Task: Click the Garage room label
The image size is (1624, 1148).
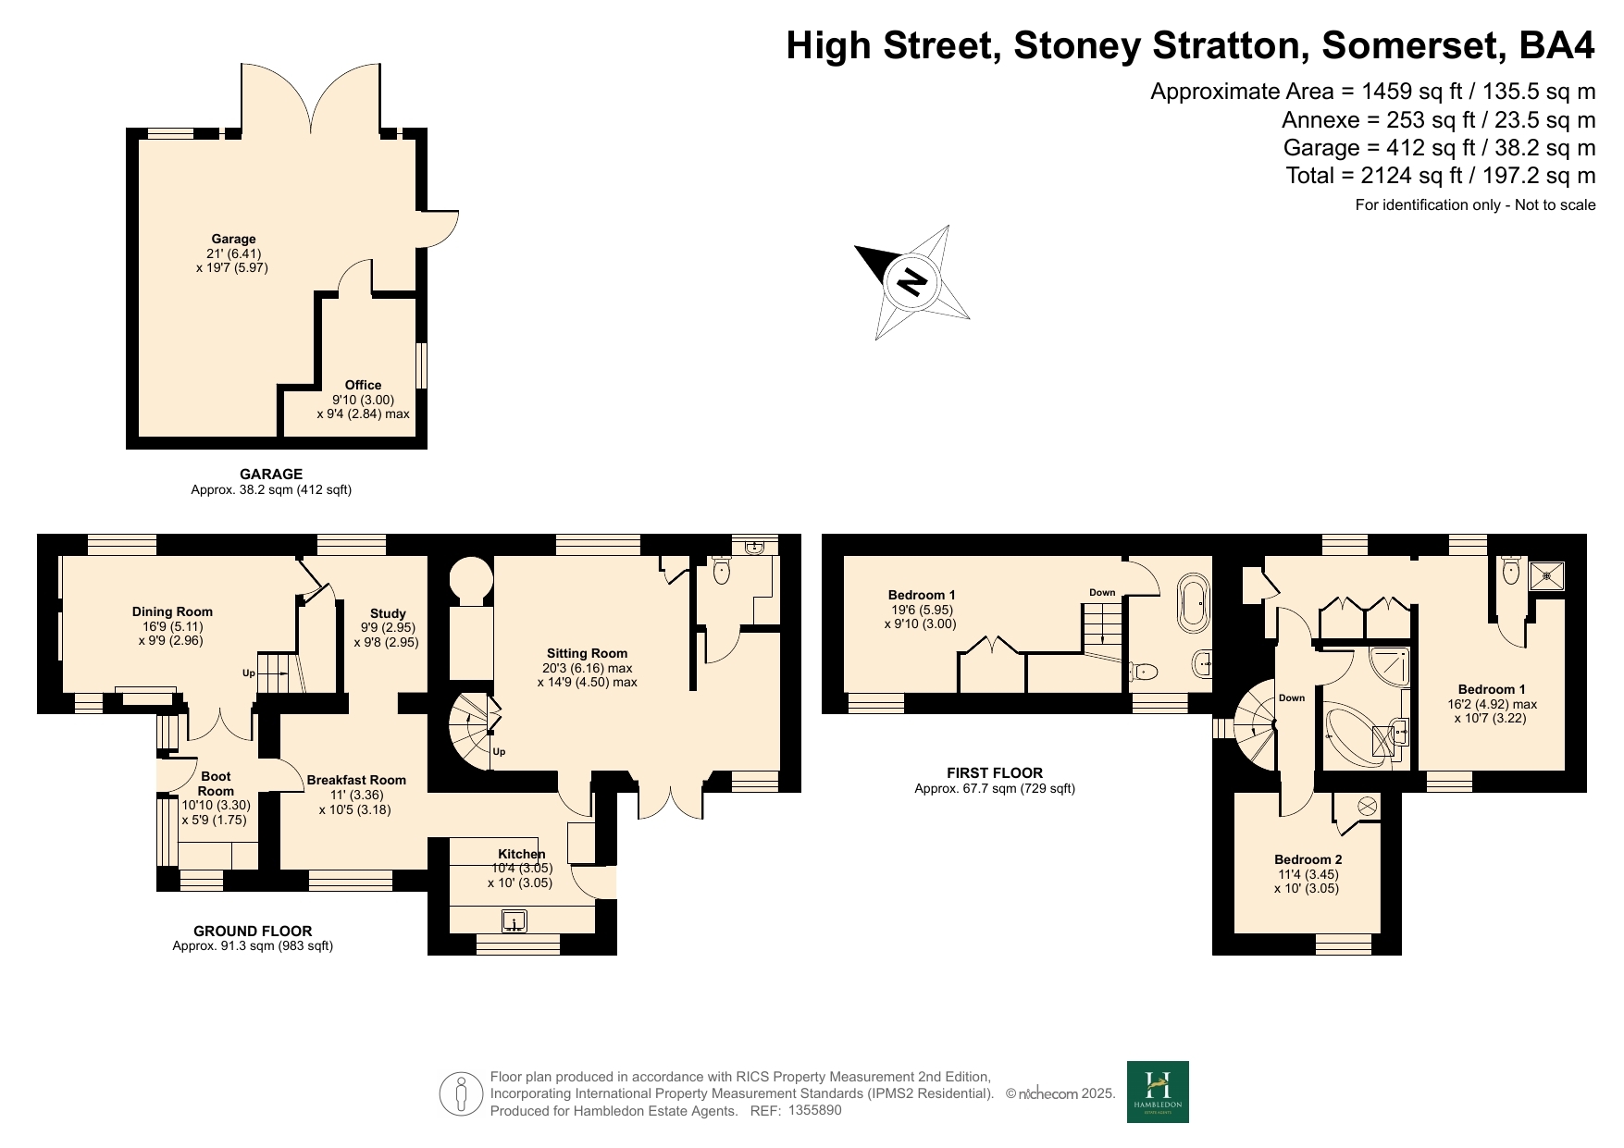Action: [x=233, y=239]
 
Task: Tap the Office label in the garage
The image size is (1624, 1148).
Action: [x=363, y=385]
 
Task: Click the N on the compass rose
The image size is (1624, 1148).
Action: [x=912, y=281]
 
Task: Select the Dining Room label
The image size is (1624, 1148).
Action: [x=172, y=611]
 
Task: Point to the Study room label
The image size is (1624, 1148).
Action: [x=388, y=613]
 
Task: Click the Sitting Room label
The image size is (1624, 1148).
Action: [x=587, y=653]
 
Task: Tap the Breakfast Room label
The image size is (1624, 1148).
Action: [x=356, y=780]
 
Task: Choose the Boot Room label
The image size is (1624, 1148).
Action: [x=216, y=784]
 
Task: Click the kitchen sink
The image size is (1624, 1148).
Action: [x=514, y=921]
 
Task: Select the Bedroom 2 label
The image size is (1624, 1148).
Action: [x=1308, y=859]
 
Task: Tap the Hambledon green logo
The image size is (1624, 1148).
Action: [x=1158, y=1092]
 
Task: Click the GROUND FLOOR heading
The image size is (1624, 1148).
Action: [x=253, y=932]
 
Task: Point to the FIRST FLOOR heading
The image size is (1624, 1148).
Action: [x=995, y=772]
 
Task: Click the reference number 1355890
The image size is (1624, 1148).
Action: [x=815, y=1110]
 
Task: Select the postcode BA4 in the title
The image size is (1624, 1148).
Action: [x=1558, y=44]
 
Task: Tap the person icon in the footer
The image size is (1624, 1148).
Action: [x=461, y=1094]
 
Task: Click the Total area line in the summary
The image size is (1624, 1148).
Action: [x=1441, y=176]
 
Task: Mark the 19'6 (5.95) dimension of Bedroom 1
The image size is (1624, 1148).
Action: [x=922, y=610]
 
